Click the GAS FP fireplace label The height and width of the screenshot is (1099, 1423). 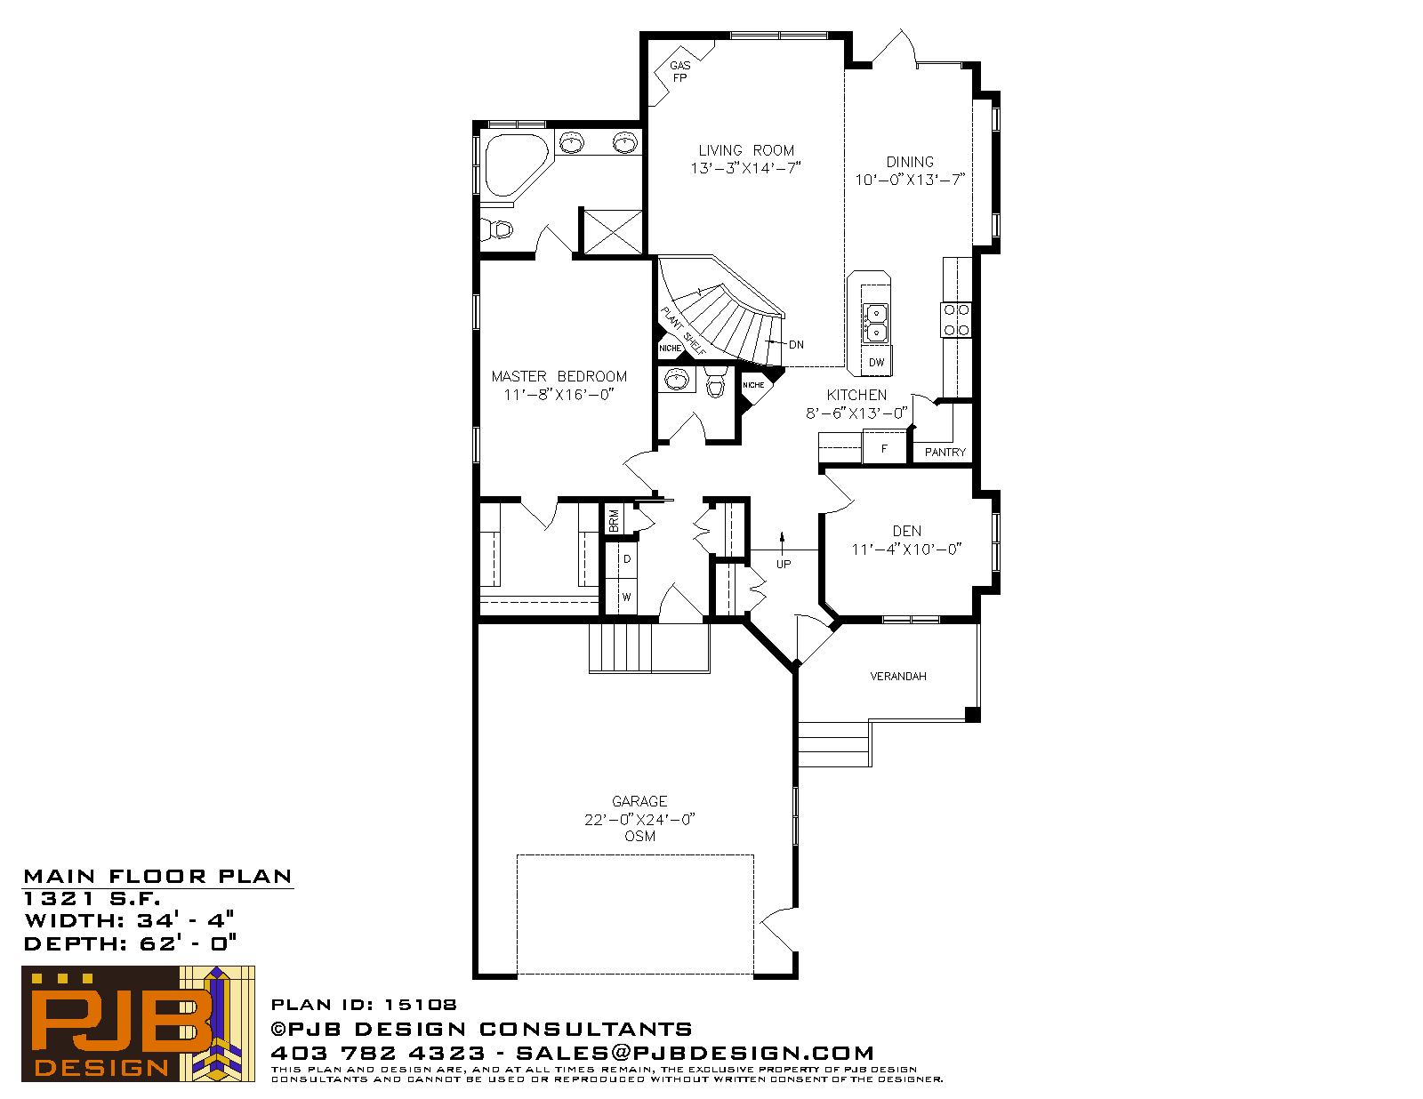679,71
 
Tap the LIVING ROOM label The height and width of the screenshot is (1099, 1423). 746,150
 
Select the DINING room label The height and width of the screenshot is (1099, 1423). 910,162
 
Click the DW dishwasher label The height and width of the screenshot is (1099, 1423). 876,363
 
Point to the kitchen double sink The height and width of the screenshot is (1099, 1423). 875,323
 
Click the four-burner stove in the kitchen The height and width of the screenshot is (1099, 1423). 956,319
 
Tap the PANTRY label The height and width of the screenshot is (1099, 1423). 945,453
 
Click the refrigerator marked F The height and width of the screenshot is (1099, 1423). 885,448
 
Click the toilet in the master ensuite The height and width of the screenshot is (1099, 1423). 498,229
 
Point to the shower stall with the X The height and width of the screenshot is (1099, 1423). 612,232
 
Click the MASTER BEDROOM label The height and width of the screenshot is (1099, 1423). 559,376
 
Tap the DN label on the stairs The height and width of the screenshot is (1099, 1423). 796,345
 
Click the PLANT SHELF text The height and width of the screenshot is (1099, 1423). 684,331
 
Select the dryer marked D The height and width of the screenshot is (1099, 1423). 627,559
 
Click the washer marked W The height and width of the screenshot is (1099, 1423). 627,597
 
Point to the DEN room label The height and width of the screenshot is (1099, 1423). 907,532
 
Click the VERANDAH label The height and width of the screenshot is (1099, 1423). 897,677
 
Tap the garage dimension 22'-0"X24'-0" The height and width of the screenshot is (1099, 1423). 639,820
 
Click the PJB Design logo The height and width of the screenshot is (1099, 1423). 138,1023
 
